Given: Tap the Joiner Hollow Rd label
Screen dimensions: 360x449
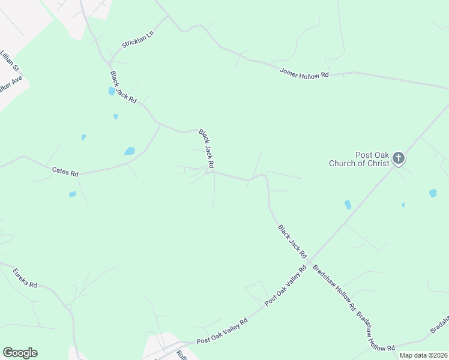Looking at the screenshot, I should pyautogui.click(x=304, y=73).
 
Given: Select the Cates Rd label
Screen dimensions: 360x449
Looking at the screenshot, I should pyautogui.click(x=65, y=172).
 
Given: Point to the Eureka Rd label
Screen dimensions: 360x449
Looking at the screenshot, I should pyautogui.click(x=25, y=277).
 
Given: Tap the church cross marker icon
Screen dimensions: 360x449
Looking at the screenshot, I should pyautogui.click(x=399, y=159).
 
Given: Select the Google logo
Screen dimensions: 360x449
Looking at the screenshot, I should pyautogui.click(x=20, y=353).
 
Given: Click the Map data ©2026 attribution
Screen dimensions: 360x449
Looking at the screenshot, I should pyautogui.click(x=423, y=355).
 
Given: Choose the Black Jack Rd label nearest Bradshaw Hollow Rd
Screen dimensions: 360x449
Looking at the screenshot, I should pyautogui.click(x=292, y=241).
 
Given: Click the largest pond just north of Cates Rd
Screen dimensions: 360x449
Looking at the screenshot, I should pyautogui.click(x=129, y=151).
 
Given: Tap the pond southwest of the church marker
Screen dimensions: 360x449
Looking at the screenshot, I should pyautogui.click(x=348, y=205).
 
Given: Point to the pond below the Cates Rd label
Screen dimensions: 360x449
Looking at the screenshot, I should pyautogui.click(x=73, y=194).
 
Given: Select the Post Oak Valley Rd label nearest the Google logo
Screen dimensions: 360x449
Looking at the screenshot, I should pyautogui.click(x=222, y=332).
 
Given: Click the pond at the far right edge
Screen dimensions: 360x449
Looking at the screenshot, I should pyautogui.click(x=433, y=193).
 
